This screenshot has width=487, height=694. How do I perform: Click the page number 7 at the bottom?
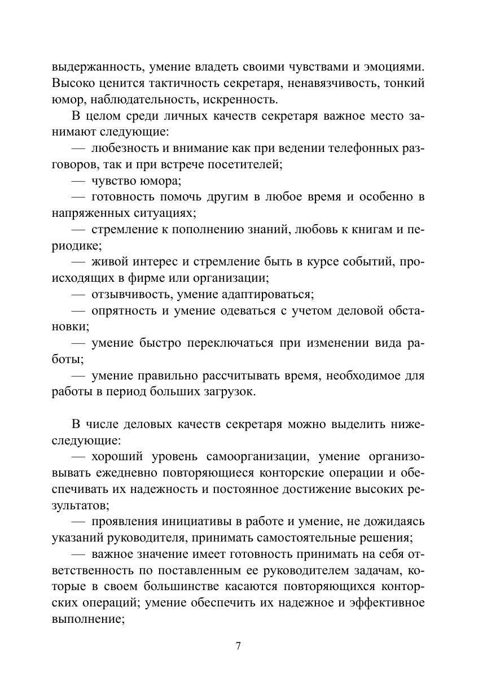coord(238,646)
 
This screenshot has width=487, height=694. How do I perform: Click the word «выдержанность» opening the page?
coord(90,67)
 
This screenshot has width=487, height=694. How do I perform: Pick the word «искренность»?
coord(247,100)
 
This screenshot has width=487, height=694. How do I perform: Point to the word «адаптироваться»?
coord(269,295)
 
